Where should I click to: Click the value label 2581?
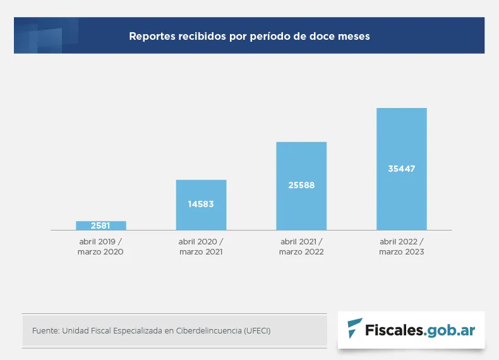click(101, 225)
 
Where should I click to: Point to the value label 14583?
click(201, 204)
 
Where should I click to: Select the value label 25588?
click(301, 186)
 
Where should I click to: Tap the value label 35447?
click(402, 169)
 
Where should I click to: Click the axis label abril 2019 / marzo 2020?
click(101, 246)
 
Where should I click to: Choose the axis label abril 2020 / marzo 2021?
click(201, 246)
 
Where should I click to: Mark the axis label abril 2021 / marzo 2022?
click(301, 246)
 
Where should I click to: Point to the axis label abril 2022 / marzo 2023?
click(402, 246)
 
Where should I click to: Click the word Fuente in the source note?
click(45, 330)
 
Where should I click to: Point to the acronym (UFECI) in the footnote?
click(256, 330)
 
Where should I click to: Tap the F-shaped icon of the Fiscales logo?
click(355, 329)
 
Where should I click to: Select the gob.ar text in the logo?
click(451, 330)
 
